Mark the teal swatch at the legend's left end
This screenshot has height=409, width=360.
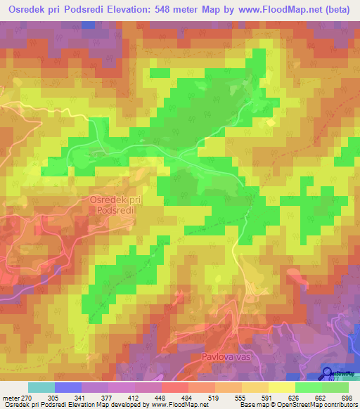pos(41,388)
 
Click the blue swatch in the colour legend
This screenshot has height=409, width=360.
pos(68,388)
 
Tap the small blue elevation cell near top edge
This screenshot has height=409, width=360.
pos(89,25)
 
